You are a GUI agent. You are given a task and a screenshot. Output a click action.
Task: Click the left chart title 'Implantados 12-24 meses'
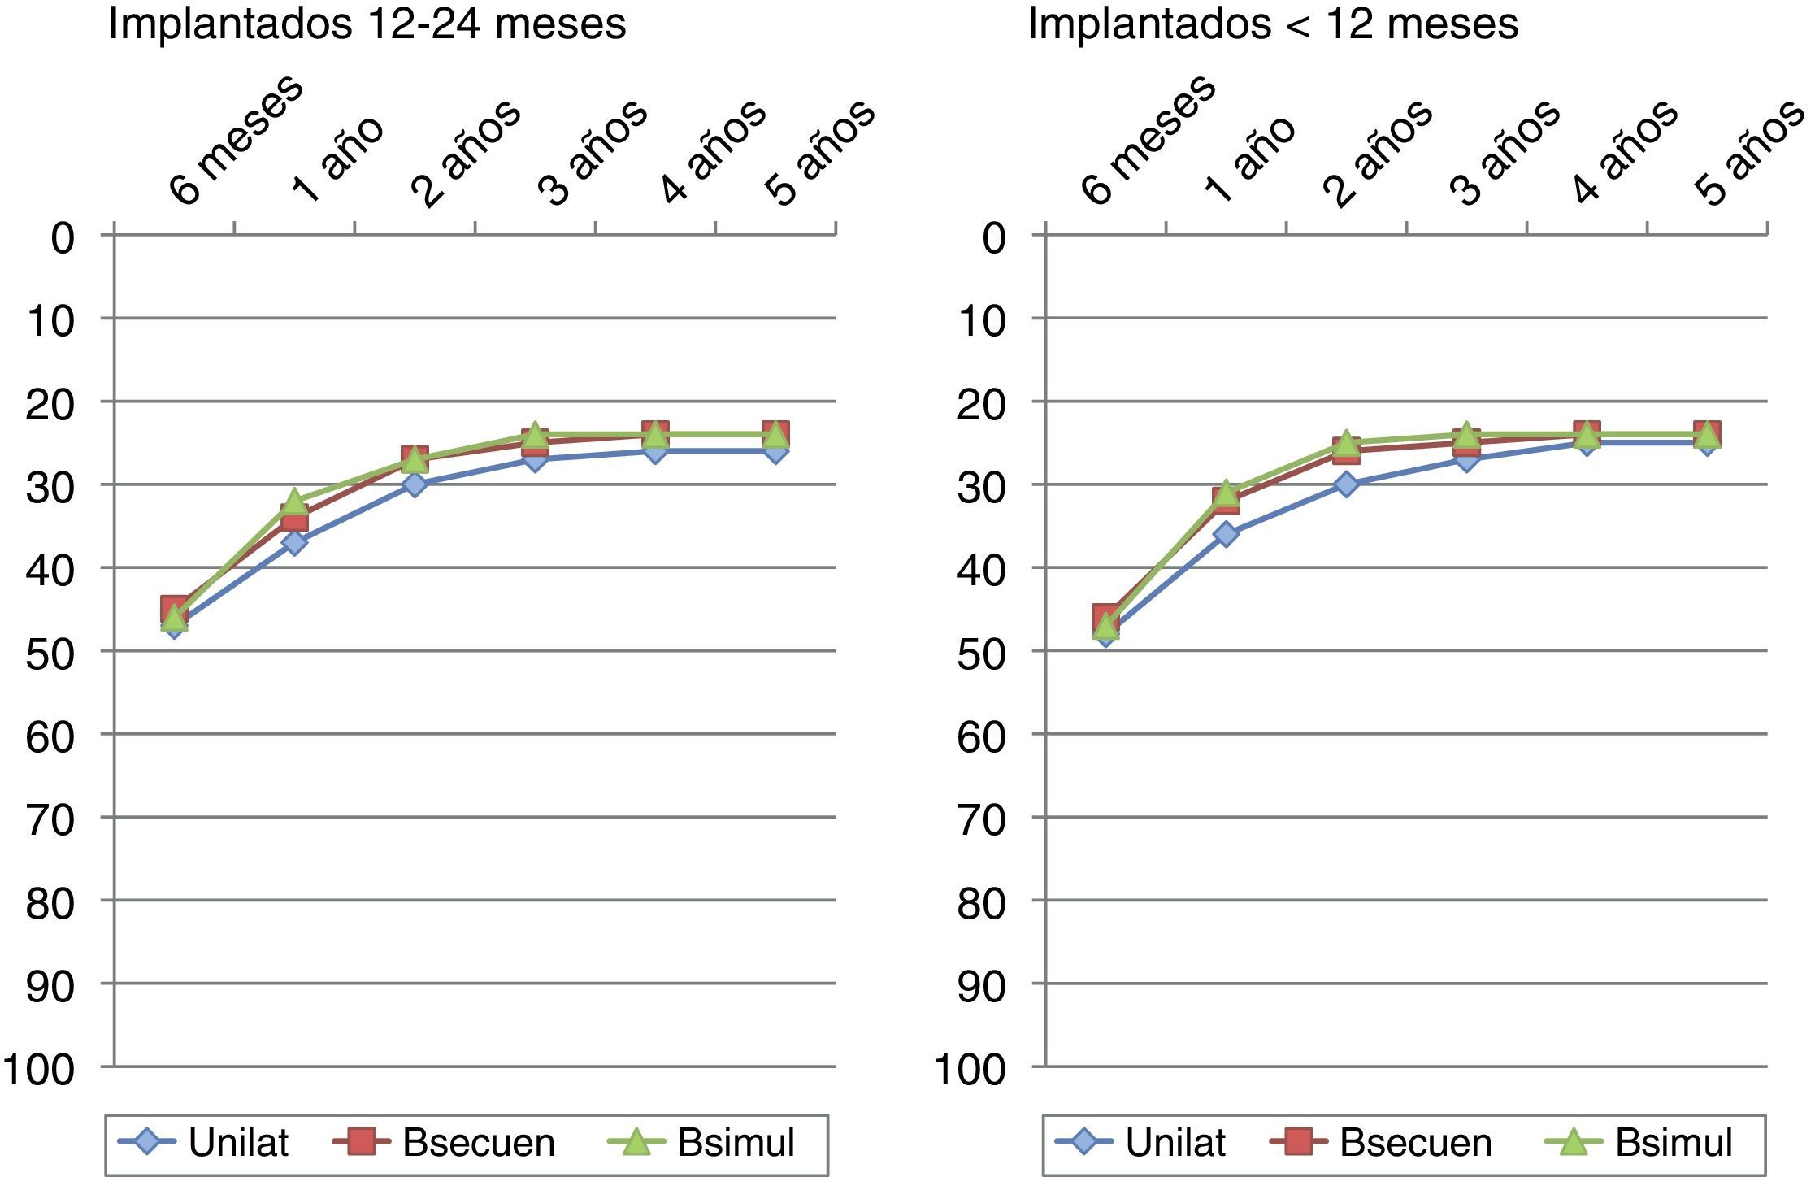(x=367, y=24)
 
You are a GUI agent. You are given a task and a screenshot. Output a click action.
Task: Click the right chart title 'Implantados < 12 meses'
(x=1273, y=24)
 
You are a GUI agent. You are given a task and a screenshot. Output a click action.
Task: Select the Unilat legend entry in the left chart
(x=203, y=1142)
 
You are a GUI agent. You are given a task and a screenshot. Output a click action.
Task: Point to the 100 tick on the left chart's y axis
(x=39, y=1070)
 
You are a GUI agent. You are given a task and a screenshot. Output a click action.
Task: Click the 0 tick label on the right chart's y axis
(x=993, y=239)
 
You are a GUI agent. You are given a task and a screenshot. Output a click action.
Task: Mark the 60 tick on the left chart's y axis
(x=50, y=737)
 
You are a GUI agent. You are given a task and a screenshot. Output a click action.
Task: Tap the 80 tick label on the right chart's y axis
(x=982, y=904)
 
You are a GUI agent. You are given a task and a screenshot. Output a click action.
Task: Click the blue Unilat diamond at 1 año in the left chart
(x=294, y=542)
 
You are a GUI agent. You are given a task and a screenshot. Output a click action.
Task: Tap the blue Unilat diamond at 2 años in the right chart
(x=1346, y=484)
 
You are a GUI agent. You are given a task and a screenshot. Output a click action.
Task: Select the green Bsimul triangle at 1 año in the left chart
(x=294, y=501)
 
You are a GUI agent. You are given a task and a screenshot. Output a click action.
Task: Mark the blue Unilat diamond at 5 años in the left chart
(x=775, y=451)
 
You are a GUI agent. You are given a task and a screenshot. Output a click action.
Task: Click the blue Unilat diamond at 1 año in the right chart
(x=1226, y=534)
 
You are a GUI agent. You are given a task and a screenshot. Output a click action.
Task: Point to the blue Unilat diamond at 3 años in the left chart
(x=535, y=459)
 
